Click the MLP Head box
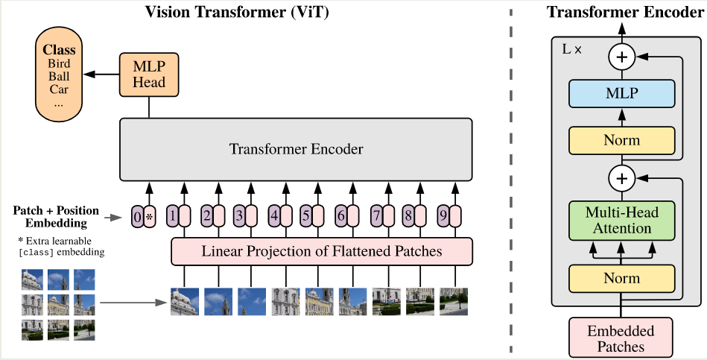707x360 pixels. click(x=149, y=75)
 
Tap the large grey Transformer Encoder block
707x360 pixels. click(x=296, y=149)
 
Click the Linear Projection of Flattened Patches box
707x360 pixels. click(x=322, y=251)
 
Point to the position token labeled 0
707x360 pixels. click(x=137, y=217)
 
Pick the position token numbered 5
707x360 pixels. click(x=306, y=217)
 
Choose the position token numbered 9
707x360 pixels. click(x=443, y=217)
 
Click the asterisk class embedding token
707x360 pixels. click(x=149, y=217)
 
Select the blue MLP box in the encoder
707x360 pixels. click(x=621, y=95)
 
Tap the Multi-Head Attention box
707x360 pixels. click(x=621, y=220)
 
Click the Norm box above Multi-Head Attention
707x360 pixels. click(x=621, y=140)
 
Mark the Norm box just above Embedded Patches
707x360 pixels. click(x=621, y=278)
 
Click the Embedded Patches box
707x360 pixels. click(x=621, y=338)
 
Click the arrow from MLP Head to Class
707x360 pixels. click(x=101, y=75)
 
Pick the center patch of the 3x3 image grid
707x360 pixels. click(x=59, y=304)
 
